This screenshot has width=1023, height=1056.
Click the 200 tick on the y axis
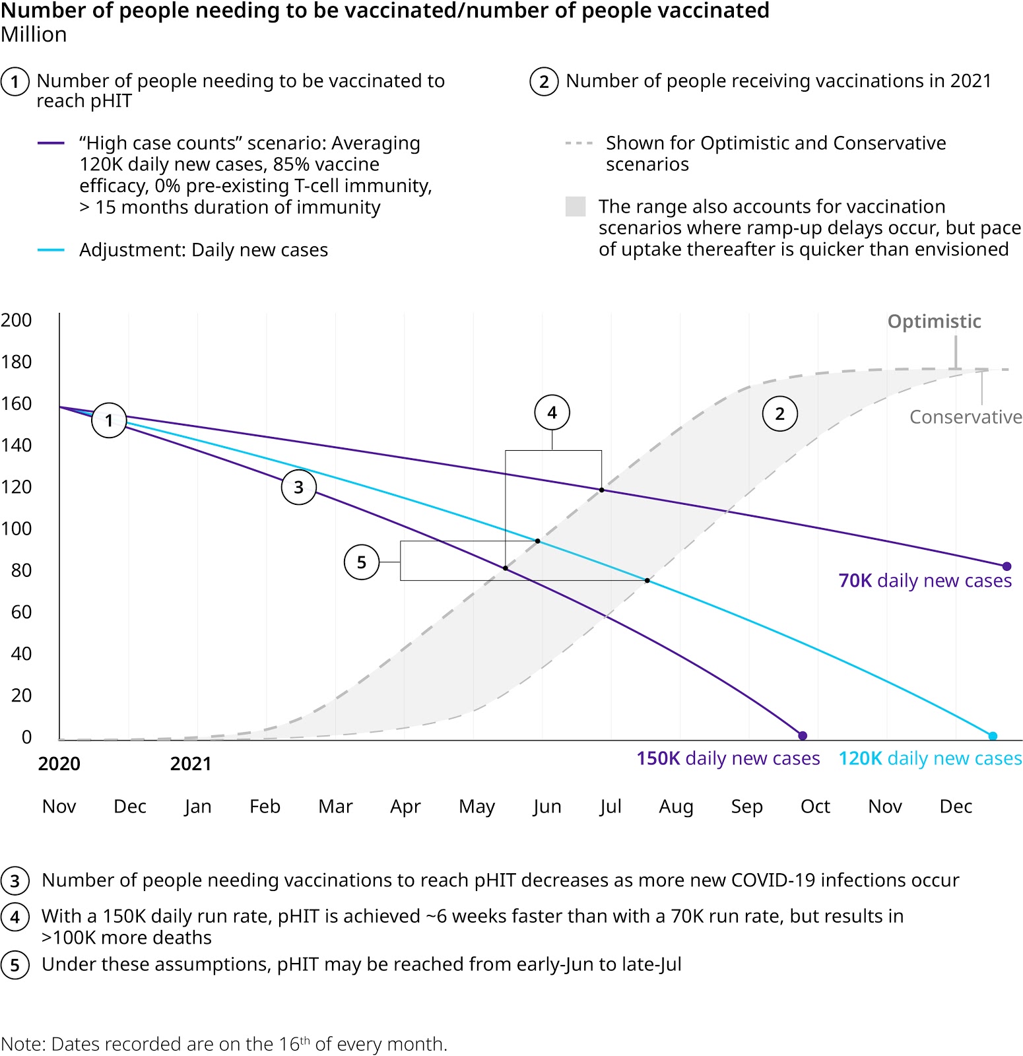click(16, 320)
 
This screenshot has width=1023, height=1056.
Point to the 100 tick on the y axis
click(16, 529)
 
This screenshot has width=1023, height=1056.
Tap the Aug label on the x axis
click(676, 807)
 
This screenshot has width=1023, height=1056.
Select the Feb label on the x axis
click(265, 807)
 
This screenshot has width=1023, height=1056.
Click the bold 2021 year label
click(191, 764)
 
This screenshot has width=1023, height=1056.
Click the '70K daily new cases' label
click(925, 581)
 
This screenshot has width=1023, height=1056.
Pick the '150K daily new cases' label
click(728, 758)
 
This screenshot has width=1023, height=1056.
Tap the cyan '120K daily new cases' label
click(930, 758)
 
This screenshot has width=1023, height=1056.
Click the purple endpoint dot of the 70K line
click(1006, 566)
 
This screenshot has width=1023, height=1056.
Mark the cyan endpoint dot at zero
click(993, 736)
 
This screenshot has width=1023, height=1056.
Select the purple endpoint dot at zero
click(803, 736)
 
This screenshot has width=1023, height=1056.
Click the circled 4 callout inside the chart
click(552, 413)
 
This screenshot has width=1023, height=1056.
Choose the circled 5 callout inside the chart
click(362, 562)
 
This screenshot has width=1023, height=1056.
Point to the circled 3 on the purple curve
click(299, 487)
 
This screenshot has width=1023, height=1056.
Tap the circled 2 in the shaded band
click(780, 414)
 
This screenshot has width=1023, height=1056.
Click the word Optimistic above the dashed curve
click(934, 321)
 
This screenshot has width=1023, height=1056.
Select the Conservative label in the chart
click(966, 417)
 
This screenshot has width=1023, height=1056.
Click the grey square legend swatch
click(576, 207)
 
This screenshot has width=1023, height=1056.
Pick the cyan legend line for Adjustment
click(51, 250)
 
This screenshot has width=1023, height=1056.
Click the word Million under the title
click(34, 35)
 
